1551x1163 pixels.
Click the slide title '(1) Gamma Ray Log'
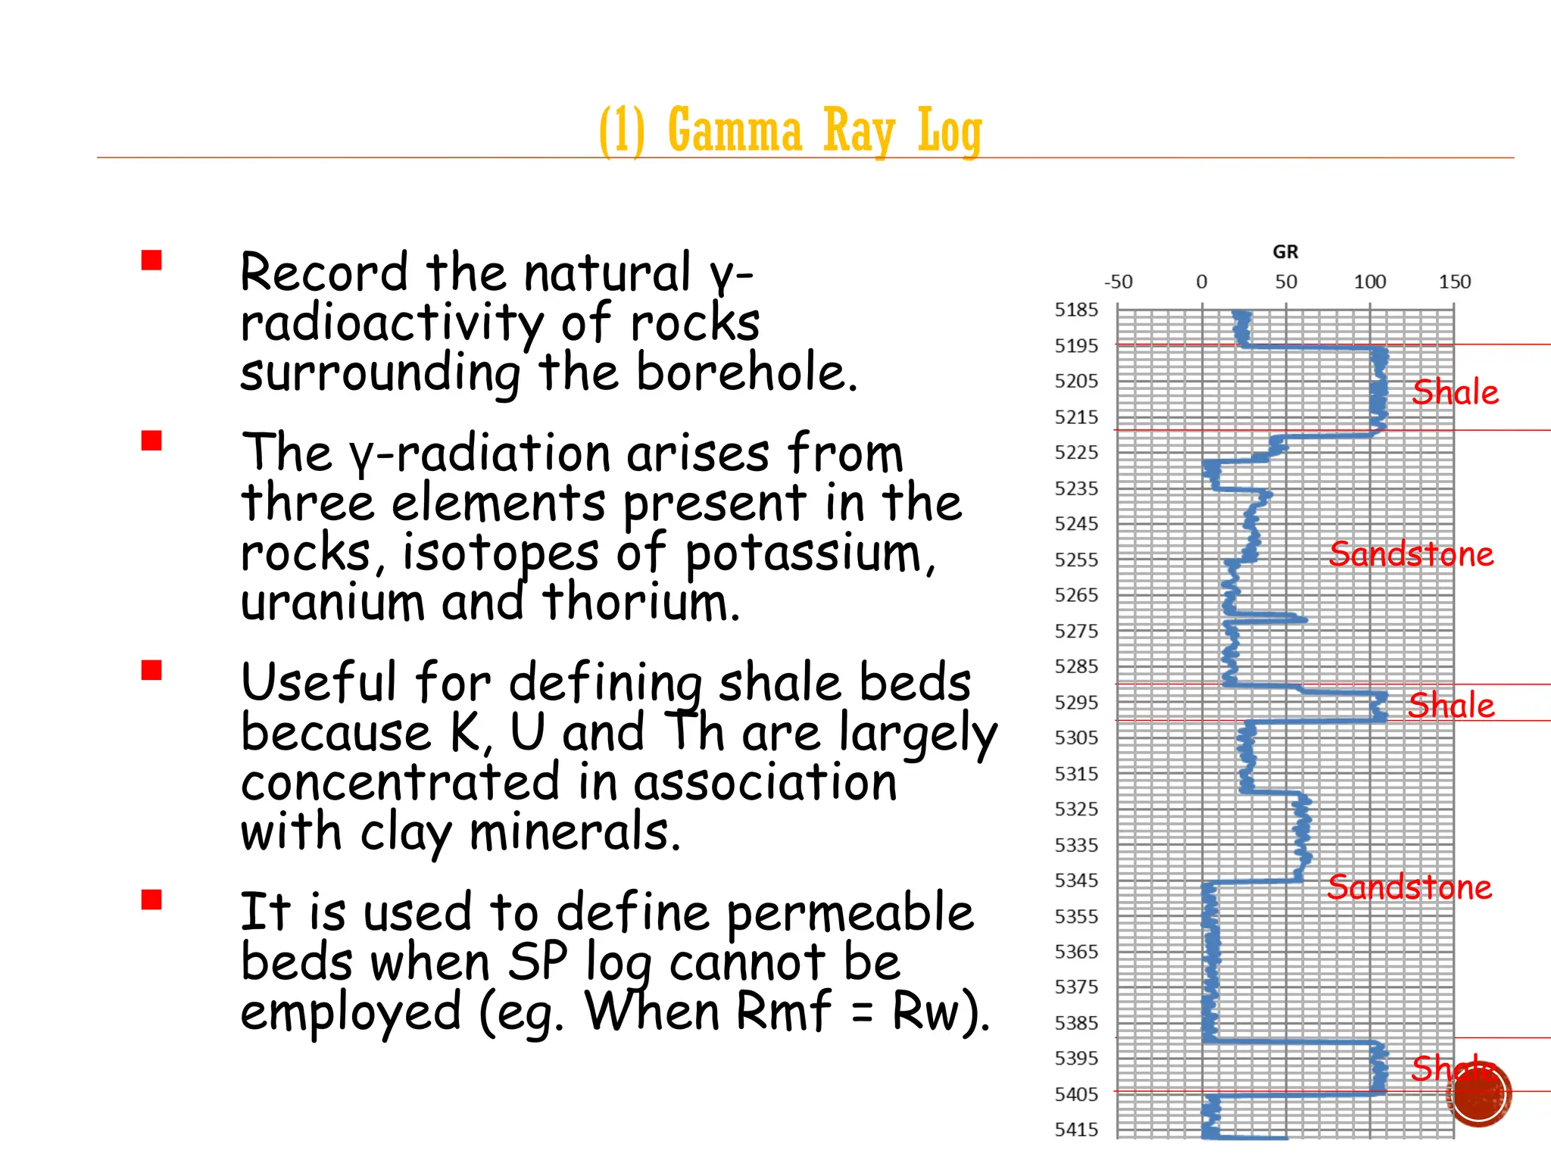(x=790, y=130)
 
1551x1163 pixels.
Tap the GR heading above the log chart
(x=1285, y=252)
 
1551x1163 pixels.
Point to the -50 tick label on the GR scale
(x=1119, y=282)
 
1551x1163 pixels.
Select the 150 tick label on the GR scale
(x=1454, y=282)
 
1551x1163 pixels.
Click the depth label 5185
(x=1075, y=310)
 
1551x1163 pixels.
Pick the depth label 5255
(x=1075, y=560)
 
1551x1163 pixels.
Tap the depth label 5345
(x=1075, y=881)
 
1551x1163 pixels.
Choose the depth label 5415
(x=1075, y=1130)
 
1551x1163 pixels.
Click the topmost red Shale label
(x=1455, y=392)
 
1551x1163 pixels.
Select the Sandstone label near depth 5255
(x=1411, y=554)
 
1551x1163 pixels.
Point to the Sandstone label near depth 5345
(x=1409, y=887)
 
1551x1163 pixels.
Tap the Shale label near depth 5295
(x=1451, y=705)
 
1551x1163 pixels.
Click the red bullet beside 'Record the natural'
(x=151, y=260)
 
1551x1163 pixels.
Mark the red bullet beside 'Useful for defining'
(x=151, y=670)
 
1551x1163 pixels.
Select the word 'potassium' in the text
(x=810, y=553)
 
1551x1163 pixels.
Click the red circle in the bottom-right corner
(x=1480, y=1094)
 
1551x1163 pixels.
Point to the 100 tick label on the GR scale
(x=1369, y=282)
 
